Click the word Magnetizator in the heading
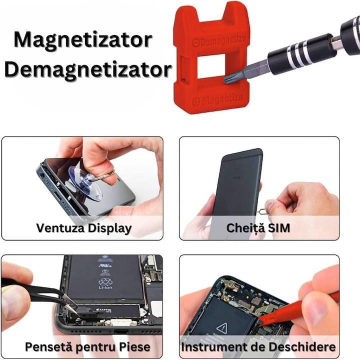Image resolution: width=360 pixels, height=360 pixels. point(83,39)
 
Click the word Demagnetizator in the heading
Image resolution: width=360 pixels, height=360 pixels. point(88,69)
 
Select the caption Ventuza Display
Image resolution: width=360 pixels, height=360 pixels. point(83,228)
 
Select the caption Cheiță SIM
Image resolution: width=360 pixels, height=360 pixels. point(258,228)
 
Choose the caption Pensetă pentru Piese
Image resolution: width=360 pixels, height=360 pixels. point(87,346)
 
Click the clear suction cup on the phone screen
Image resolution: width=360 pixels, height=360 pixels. point(85,182)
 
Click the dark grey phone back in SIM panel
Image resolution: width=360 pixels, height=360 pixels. point(235,190)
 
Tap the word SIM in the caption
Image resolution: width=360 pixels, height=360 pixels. point(278,228)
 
